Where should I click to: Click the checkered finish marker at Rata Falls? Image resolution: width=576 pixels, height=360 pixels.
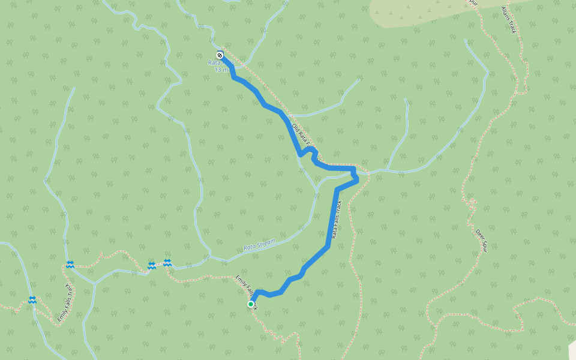pyautogui.click(x=220, y=55)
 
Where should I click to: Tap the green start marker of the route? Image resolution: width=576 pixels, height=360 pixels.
pyautogui.click(x=251, y=304)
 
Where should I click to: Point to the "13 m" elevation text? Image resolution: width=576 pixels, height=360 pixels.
pyautogui.click(x=220, y=70)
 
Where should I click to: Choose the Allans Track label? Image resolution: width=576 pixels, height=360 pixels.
pyautogui.click(x=509, y=20)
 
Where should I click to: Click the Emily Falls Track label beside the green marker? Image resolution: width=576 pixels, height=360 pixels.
pyautogui.click(x=245, y=290)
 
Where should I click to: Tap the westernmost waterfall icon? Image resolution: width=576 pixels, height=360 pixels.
pyautogui.click(x=32, y=299)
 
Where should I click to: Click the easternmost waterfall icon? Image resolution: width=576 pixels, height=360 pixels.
pyautogui.click(x=167, y=262)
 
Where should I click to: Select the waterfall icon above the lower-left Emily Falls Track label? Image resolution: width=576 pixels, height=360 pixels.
pyautogui.click(x=70, y=264)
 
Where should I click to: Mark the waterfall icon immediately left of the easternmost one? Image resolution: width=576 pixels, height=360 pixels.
pyautogui.click(x=152, y=265)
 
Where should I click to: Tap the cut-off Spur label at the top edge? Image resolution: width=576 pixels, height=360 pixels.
pyautogui.click(x=472, y=3)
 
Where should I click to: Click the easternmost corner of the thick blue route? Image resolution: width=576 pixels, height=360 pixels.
pyautogui.click(x=358, y=179)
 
